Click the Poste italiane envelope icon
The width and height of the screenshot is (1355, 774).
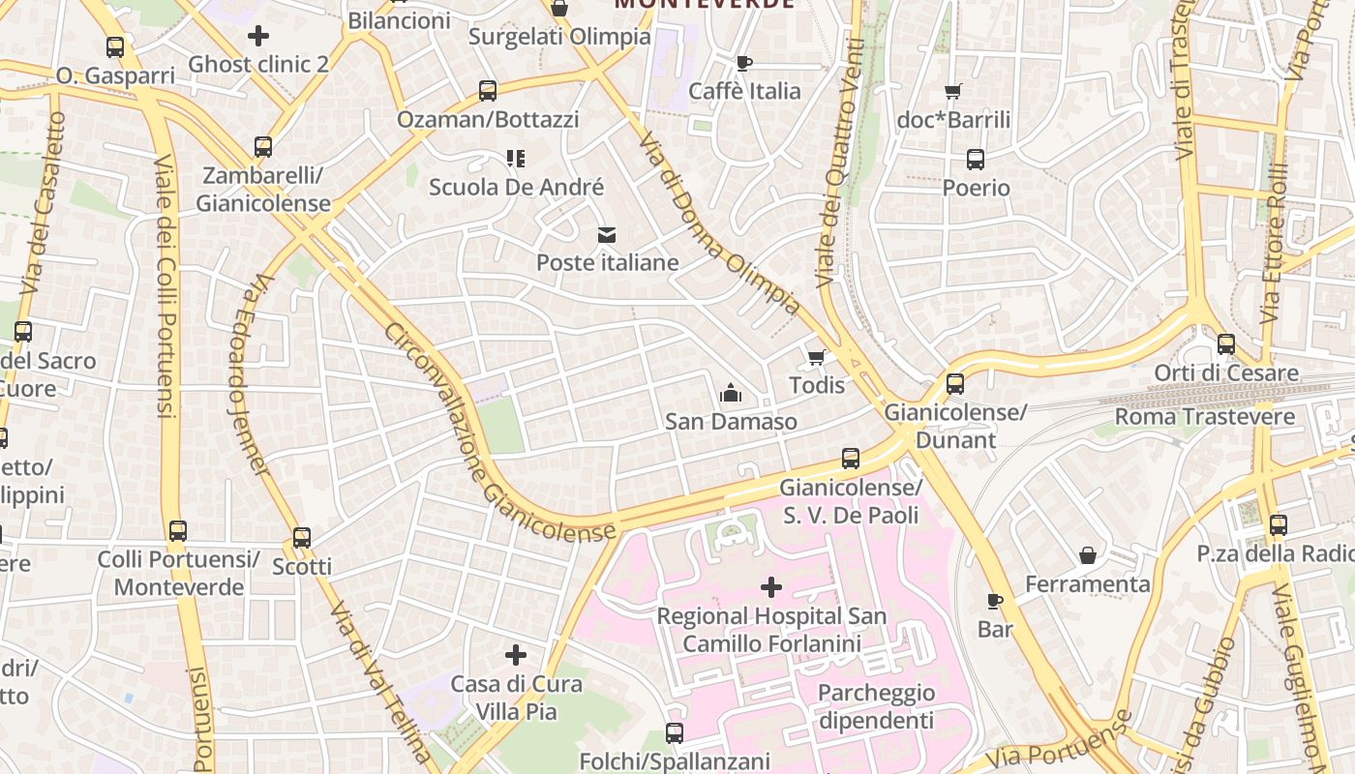[607, 234]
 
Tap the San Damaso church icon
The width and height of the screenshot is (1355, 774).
[731, 393]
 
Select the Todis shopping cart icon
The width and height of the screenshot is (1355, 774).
[817, 357]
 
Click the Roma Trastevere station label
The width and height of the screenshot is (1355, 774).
[1205, 417]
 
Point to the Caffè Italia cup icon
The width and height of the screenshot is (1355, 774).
[743, 63]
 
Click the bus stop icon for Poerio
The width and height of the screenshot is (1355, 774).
[976, 160]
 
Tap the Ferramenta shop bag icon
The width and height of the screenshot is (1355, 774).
[1088, 555]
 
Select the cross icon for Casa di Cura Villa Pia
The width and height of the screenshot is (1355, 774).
[516, 655]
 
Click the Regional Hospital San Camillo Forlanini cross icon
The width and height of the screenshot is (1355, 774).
[771, 586]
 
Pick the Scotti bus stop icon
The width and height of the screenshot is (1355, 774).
[302, 538]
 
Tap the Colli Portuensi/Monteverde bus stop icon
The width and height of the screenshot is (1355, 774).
[178, 530]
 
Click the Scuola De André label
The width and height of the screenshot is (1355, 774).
[516, 187]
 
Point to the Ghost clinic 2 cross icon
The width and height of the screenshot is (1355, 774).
[258, 36]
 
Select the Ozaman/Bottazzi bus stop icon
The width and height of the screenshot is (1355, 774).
[488, 91]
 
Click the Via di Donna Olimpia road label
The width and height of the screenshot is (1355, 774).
[719, 223]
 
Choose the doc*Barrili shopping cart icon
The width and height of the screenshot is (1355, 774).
[953, 92]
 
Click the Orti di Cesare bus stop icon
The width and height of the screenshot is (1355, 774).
[1226, 343]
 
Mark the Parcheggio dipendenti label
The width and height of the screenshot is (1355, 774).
[876, 706]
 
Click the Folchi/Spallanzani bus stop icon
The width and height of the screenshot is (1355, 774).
[675, 733]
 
